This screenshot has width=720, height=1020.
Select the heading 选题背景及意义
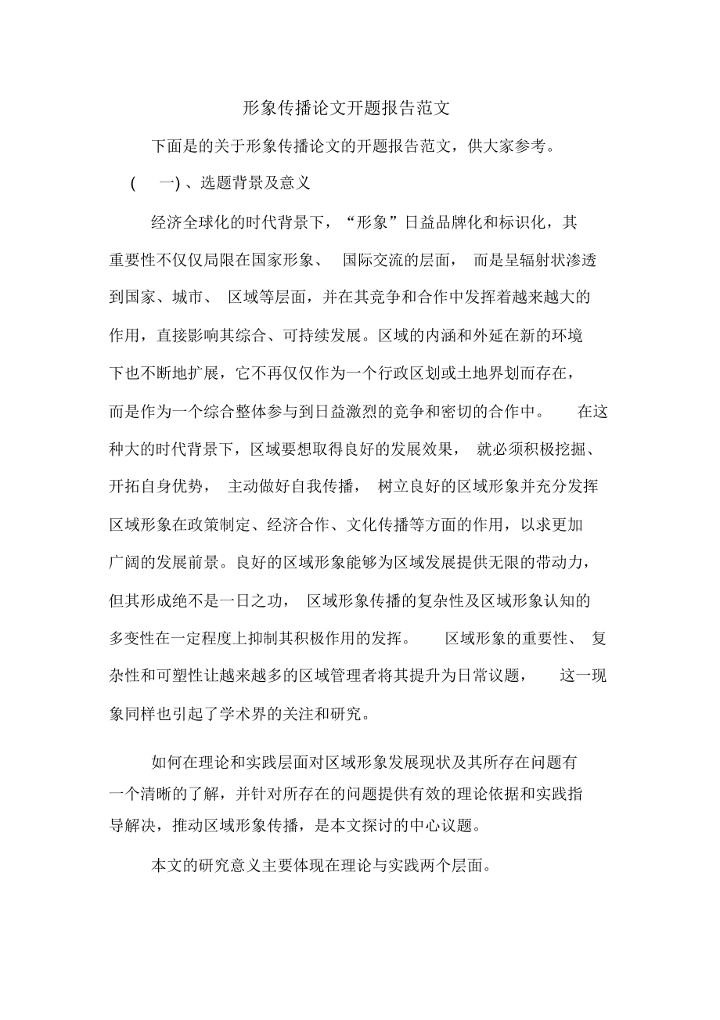pos(256,184)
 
